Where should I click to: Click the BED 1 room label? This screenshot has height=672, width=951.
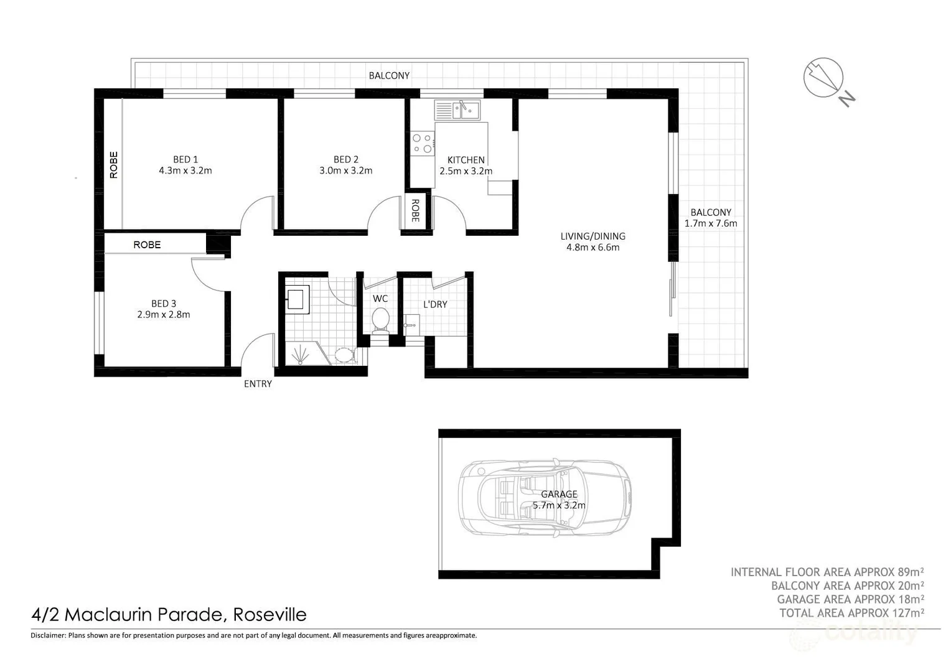tap(185, 159)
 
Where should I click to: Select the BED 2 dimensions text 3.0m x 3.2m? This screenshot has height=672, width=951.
tap(345, 170)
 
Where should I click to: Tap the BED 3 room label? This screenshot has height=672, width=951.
tap(164, 304)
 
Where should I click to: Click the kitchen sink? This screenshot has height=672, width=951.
tap(466, 110)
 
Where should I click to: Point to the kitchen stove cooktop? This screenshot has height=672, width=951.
tap(423, 143)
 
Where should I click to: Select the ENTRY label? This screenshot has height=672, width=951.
tap(258, 384)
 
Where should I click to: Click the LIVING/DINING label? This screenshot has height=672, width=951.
tap(593, 236)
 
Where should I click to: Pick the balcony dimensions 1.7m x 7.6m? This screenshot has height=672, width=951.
tap(711, 223)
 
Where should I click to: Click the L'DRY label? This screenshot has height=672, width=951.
tap(435, 304)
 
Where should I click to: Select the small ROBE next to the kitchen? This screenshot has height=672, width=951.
tap(415, 211)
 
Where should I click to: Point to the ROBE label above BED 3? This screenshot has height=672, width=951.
tap(147, 245)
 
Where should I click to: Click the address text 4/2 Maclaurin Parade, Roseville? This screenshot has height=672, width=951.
tap(169, 615)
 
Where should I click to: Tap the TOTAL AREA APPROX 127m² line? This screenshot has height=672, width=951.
tap(851, 613)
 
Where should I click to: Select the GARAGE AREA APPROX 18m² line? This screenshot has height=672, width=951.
tap(850, 599)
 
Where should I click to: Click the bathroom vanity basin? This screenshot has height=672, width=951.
tap(297, 298)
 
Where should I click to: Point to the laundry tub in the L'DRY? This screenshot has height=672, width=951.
tap(411, 324)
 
